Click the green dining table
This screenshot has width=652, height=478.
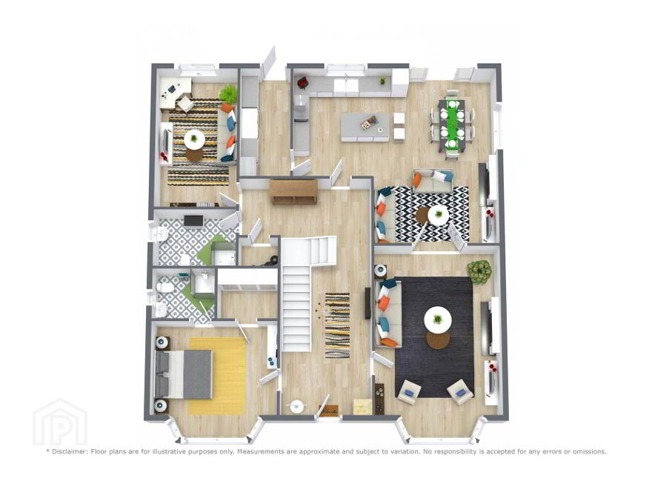(x=450, y=124)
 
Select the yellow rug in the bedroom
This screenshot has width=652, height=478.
(x=218, y=376)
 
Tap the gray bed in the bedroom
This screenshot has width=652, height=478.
(x=183, y=374)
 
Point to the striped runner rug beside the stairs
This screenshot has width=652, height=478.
(x=337, y=325)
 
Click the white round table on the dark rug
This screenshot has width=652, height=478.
(x=438, y=319)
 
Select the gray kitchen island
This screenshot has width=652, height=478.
(x=366, y=127)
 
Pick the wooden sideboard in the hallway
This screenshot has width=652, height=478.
(x=293, y=191)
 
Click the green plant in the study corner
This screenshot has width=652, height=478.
(x=228, y=94)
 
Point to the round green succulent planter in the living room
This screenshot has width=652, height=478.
(x=479, y=270)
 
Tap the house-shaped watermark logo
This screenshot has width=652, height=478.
(x=60, y=422)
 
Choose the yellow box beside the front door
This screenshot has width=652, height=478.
(x=362, y=406)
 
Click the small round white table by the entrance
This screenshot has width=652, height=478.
(x=297, y=406)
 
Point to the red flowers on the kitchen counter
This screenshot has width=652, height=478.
(x=302, y=82)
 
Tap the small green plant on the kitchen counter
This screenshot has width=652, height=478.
(x=382, y=81)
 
